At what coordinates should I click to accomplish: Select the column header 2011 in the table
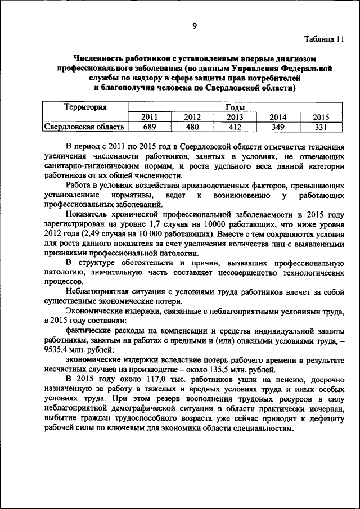[x=150, y=117]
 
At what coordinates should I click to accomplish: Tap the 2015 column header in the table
[x=321, y=117]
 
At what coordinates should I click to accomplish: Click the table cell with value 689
[x=150, y=127]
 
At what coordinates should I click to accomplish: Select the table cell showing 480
[x=192, y=127]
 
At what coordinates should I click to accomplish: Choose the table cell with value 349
[x=278, y=127]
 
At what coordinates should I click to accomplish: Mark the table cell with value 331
[x=321, y=127]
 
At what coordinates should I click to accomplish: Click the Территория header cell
[x=85, y=107]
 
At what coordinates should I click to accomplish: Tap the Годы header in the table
[x=235, y=107]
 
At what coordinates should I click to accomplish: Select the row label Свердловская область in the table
[x=85, y=127]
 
